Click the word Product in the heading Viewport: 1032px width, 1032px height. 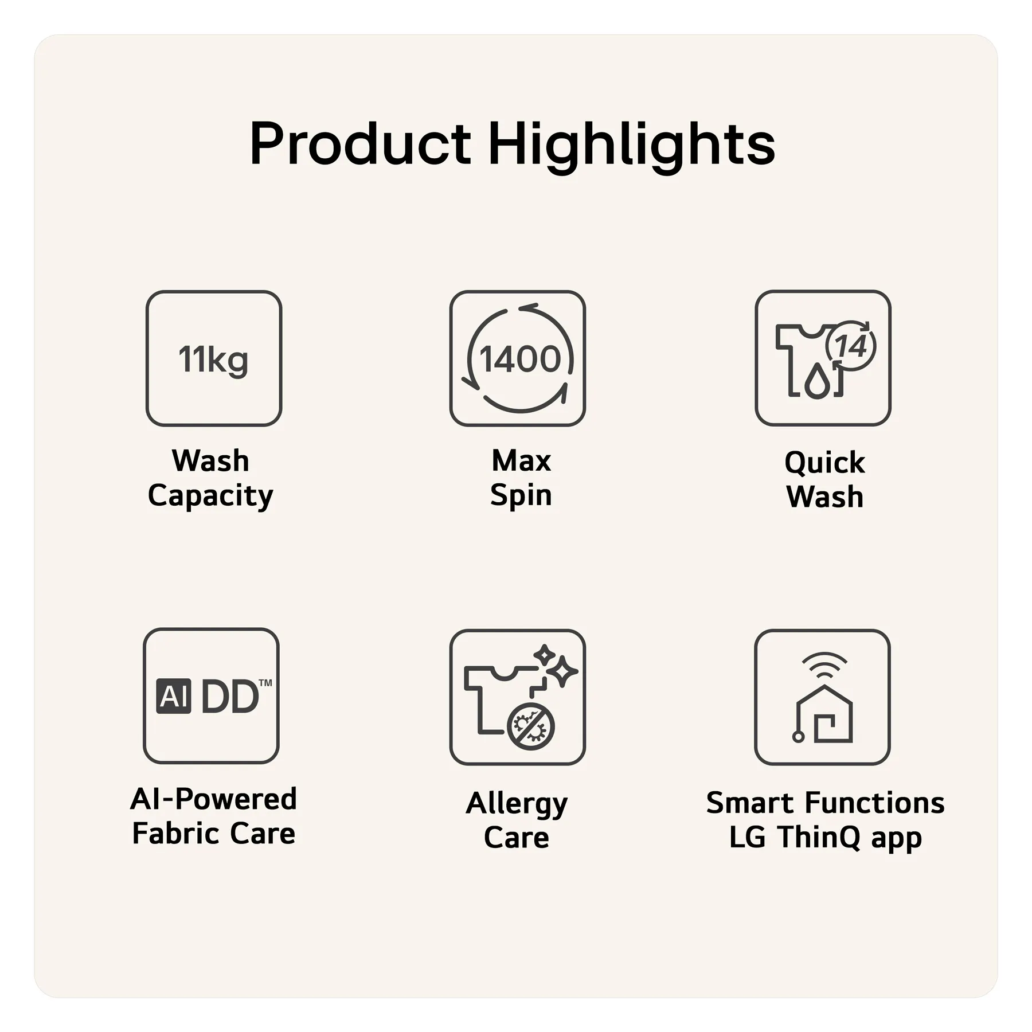[361, 143]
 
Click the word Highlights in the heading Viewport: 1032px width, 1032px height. [631, 146]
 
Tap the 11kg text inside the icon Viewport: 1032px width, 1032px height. [213, 360]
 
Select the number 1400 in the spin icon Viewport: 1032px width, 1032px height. [520, 359]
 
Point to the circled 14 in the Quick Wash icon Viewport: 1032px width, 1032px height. [851, 346]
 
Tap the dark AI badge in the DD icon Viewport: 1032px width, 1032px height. [174, 696]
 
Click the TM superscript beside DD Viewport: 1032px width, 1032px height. [265, 683]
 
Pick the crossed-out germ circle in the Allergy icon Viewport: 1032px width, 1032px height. [531, 726]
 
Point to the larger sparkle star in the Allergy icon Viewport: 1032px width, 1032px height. [561, 671]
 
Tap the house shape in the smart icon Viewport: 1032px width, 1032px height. [824, 714]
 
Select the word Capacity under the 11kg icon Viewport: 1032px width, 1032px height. [210, 496]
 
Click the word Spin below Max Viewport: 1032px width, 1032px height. [521, 495]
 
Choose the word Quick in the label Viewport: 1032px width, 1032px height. [824, 463]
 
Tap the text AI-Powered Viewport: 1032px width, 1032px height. [214, 799]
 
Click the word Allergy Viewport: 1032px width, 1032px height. [517, 804]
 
